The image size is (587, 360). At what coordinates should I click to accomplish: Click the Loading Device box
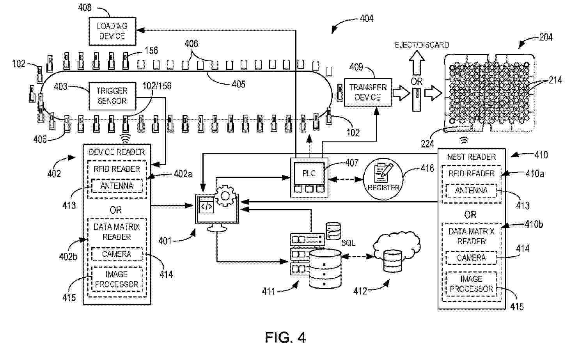point(112,31)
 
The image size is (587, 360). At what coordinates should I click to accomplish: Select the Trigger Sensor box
point(112,96)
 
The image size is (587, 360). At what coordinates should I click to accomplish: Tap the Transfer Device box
point(367,92)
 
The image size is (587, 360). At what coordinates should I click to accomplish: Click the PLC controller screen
point(309,173)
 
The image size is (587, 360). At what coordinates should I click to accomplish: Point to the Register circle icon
point(383,179)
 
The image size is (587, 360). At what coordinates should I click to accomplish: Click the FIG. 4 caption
point(285,337)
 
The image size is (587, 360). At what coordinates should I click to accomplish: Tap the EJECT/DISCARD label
point(422,45)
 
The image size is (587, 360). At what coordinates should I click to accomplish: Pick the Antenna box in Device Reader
point(117,186)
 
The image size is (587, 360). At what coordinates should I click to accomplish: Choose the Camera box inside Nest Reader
point(471,258)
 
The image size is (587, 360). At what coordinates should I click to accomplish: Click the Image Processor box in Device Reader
point(117,279)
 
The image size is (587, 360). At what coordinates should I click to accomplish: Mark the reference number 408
point(85,8)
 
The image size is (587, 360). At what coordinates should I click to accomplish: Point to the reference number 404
point(366,18)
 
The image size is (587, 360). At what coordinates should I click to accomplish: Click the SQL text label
point(348,243)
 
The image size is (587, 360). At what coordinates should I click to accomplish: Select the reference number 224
point(427,144)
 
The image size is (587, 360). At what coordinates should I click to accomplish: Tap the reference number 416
point(427,168)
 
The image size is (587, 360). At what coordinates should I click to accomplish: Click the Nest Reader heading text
point(471,157)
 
